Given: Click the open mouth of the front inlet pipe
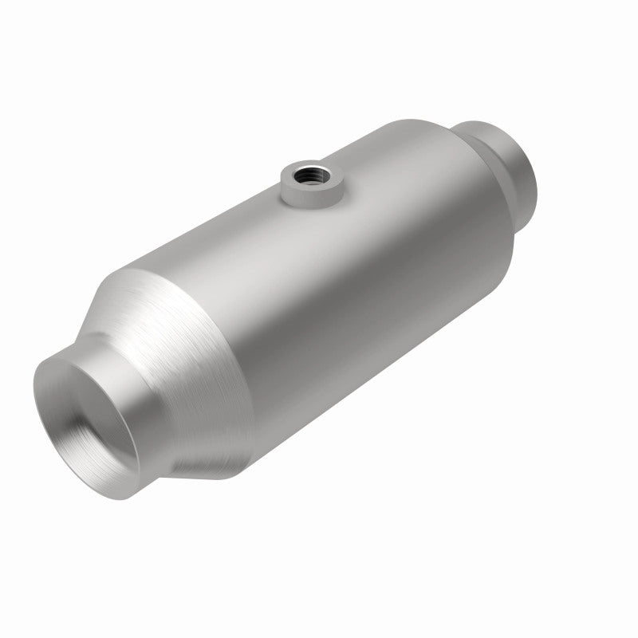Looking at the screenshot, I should tap(87, 407).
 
